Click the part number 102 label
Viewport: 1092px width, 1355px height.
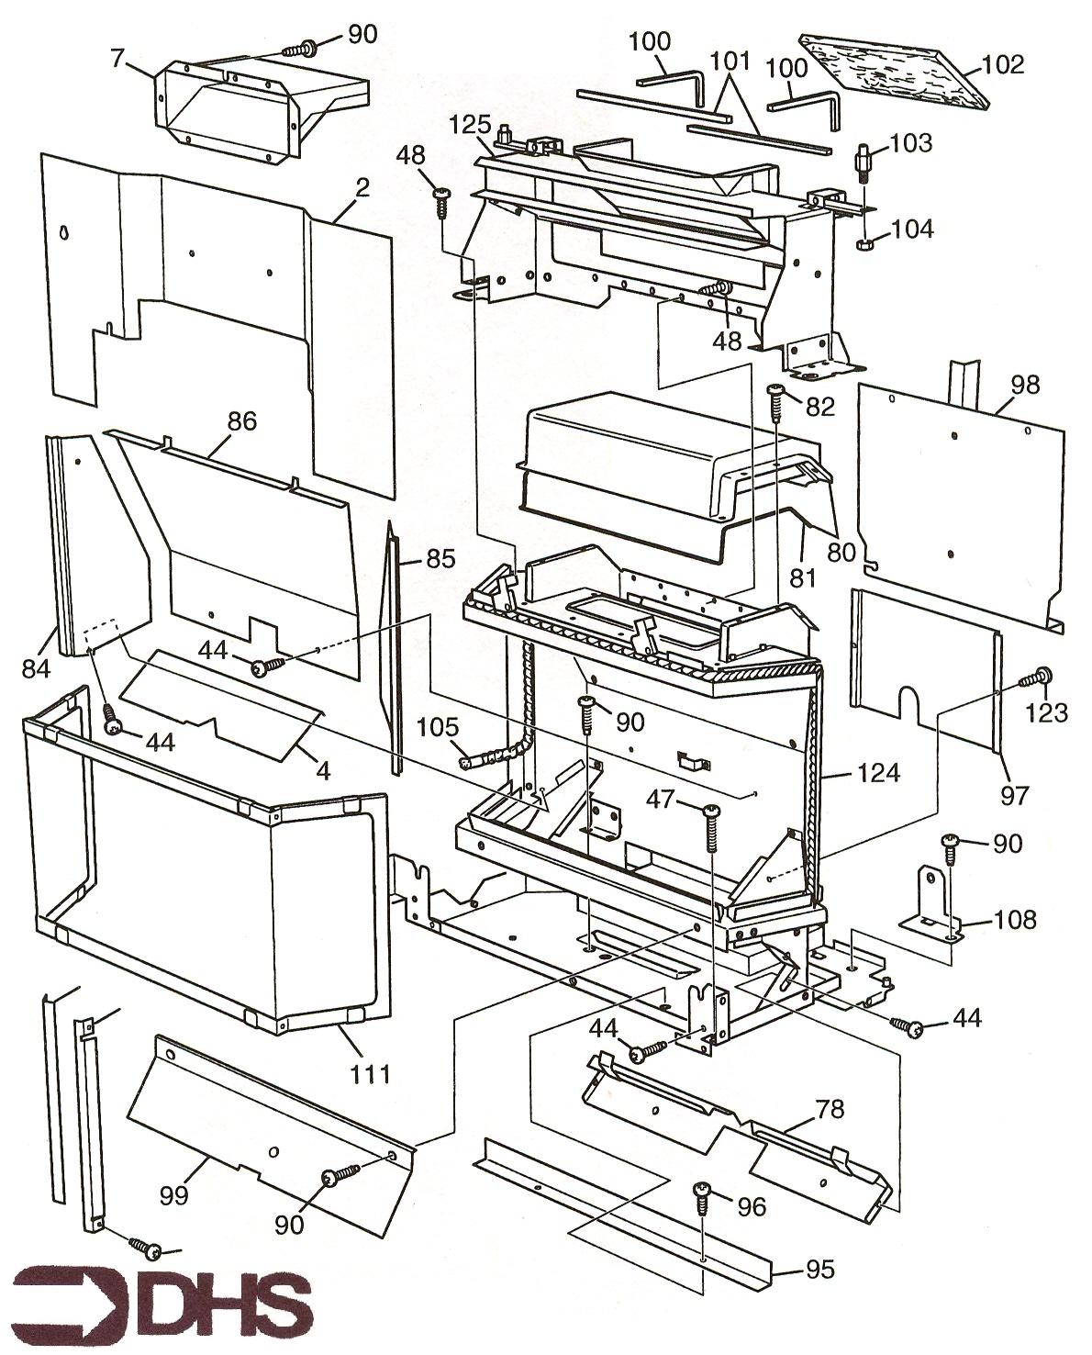pos(1001,64)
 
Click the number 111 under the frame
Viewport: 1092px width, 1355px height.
pos(368,1072)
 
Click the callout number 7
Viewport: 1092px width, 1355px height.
pos(117,60)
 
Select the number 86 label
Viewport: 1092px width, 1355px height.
pos(241,421)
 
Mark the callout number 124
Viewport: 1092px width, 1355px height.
pos(880,773)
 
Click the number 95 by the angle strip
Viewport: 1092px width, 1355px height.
pos(819,1269)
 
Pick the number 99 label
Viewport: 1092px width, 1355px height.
pos(173,1194)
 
